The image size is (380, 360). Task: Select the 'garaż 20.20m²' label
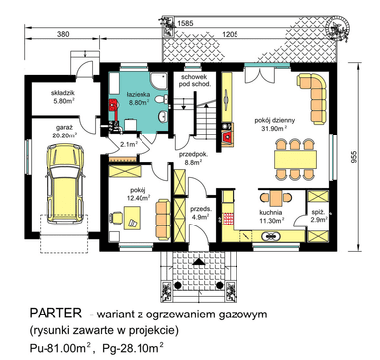[x=63, y=135]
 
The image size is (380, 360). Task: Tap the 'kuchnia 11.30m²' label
[x=271, y=218]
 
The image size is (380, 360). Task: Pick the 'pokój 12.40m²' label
[x=139, y=194]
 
